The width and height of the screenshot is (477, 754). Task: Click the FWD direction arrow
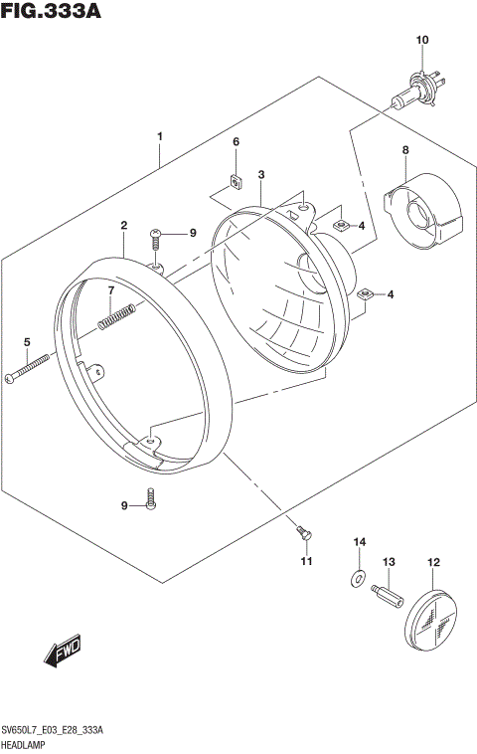pos(62,653)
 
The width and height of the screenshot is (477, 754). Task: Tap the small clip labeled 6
pos(237,181)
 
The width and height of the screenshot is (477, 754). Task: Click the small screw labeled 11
pos(304,534)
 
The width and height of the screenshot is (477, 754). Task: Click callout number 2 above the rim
pos(123,226)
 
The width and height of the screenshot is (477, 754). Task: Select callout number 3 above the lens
pos(260,175)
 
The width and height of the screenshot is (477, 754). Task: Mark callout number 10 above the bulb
pos(421,40)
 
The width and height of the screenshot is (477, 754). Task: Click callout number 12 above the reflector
pos(433,563)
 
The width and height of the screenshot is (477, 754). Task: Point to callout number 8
pos(405,150)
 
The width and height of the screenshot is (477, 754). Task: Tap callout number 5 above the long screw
pos(27,342)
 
